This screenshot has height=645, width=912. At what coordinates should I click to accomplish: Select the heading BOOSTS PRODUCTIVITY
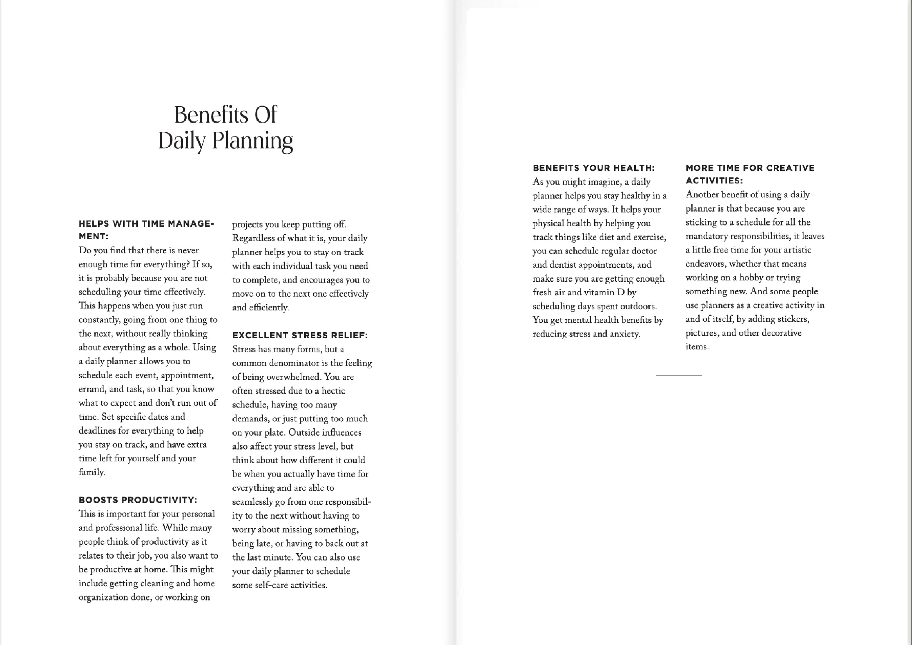coord(137,500)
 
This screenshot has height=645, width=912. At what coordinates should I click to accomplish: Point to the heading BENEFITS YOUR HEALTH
coord(593,168)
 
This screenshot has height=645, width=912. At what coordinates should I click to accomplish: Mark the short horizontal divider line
coord(679,375)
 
